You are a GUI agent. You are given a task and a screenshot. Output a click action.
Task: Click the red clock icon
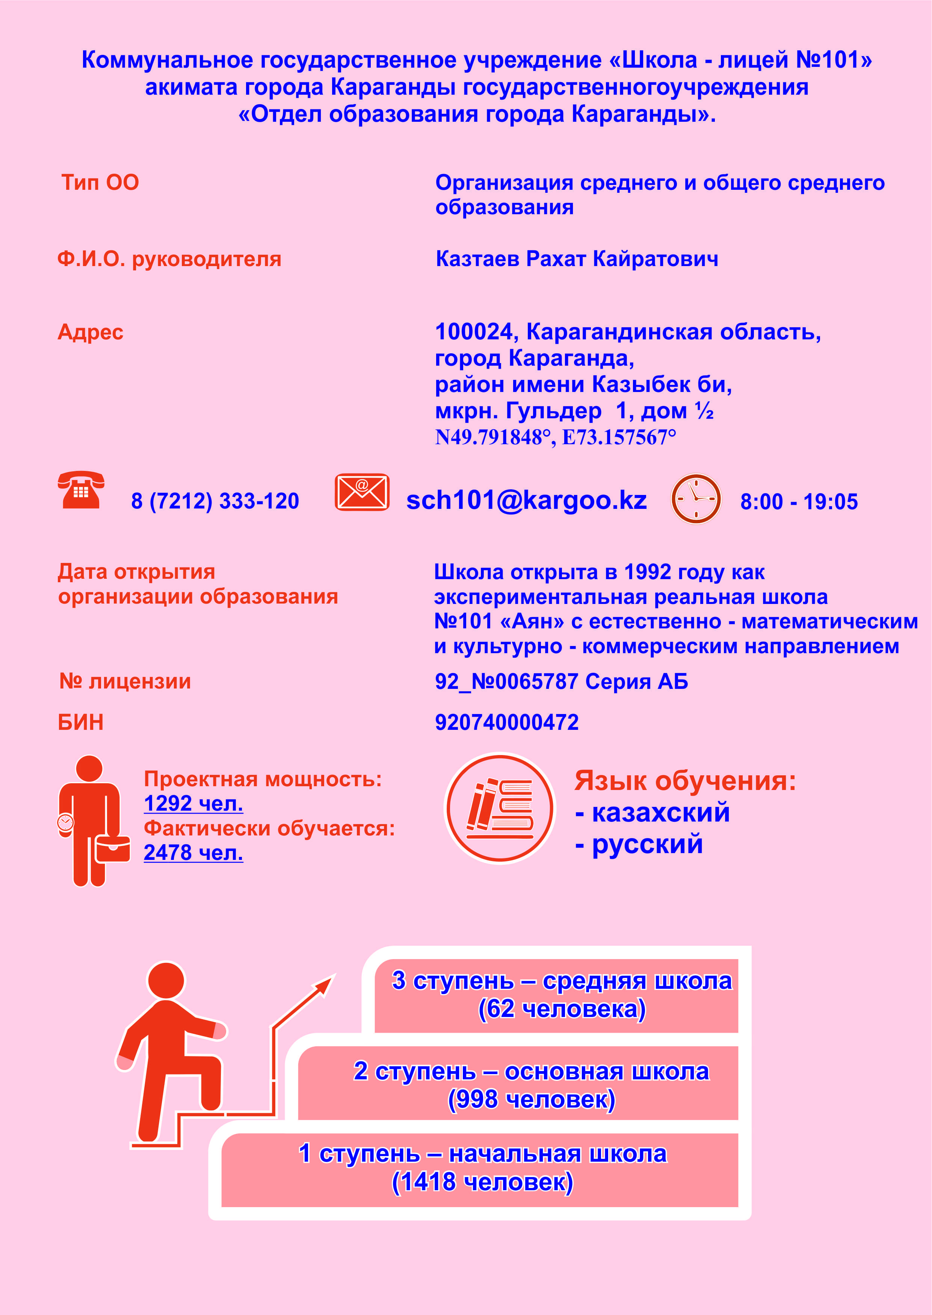point(696,498)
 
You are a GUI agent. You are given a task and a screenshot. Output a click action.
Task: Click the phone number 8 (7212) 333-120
point(215,501)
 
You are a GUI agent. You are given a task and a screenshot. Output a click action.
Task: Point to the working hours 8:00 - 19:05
point(799,502)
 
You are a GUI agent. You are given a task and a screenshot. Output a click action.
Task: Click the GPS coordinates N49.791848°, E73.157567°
point(555,437)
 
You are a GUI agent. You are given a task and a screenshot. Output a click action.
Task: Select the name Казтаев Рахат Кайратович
point(577,259)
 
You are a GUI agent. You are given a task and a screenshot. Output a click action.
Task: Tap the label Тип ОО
point(100,183)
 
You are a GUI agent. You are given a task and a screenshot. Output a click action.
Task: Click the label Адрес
point(90,332)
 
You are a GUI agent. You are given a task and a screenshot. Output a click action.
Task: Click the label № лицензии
point(125,681)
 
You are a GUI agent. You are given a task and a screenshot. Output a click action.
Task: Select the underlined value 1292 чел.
point(193,804)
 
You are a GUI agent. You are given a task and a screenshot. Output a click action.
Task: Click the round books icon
point(500,808)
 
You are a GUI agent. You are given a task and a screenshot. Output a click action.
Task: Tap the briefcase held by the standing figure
point(112,849)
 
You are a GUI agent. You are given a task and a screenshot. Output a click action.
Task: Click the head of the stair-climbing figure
point(166,981)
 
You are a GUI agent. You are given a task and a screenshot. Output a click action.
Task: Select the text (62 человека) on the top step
point(562,1009)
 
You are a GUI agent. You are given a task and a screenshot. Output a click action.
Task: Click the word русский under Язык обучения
point(647,844)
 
